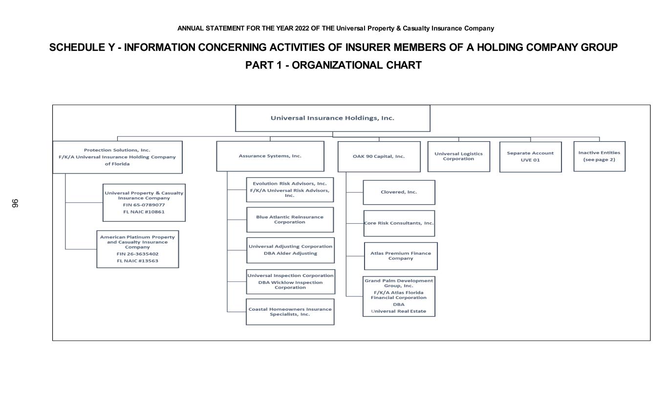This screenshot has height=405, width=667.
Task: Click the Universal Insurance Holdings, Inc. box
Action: [x=332, y=118]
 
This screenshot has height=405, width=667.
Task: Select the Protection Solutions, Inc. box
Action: [x=117, y=157]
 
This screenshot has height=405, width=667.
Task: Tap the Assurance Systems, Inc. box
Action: [x=270, y=156]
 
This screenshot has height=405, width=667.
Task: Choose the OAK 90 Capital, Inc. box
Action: [x=379, y=157]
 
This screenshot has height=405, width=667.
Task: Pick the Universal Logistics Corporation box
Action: [x=458, y=156]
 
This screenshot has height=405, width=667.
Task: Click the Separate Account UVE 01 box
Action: [x=530, y=157]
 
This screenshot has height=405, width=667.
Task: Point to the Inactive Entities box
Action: [x=599, y=156]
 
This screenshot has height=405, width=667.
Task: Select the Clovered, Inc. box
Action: [x=399, y=192]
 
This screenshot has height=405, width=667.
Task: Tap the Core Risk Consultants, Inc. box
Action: [x=399, y=223]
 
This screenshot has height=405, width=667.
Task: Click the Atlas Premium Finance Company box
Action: [x=401, y=256]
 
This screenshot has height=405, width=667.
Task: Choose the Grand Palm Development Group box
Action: [x=399, y=296]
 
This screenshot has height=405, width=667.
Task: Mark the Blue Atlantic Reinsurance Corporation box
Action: [x=290, y=219]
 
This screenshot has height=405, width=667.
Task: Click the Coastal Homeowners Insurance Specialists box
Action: [x=290, y=312]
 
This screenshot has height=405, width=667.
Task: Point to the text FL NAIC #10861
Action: [x=144, y=212]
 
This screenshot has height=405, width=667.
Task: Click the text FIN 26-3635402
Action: [x=137, y=254]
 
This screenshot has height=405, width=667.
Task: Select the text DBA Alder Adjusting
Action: [x=290, y=253]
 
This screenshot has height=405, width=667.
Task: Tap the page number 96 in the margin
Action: [x=15, y=203]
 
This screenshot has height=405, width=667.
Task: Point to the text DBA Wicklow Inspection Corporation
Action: [x=290, y=285]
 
